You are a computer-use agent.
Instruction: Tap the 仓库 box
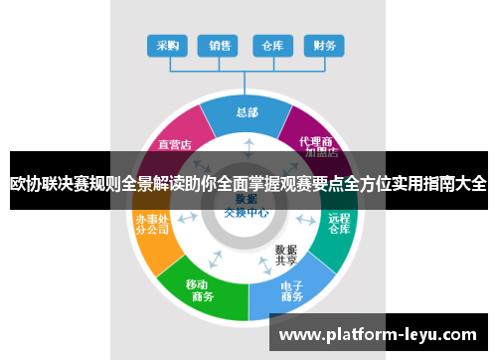(271, 46)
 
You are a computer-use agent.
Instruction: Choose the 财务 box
(324, 46)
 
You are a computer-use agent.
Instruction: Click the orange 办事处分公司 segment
(152, 227)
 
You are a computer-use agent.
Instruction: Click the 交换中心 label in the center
(246, 211)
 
